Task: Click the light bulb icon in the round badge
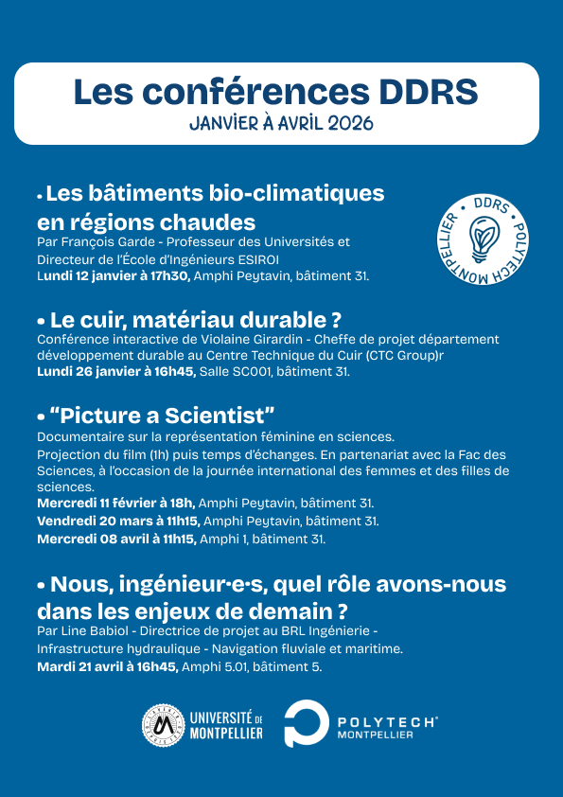(484, 235)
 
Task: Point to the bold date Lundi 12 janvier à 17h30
(114, 276)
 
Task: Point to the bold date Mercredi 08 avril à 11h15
(116, 539)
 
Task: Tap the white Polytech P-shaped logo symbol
(306, 725)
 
